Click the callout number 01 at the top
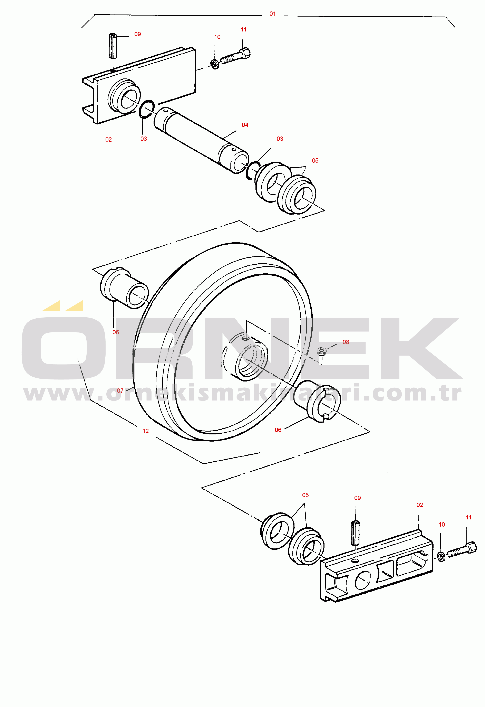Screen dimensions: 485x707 click(272, 14)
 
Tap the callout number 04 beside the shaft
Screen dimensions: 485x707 click(245, 125)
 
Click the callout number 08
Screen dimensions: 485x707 click(346, 342)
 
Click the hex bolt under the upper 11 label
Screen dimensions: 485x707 click(235, 56)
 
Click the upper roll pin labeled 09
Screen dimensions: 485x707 click(113, 46)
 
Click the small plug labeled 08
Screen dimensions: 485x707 click(321, 351)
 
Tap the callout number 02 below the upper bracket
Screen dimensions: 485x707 click(109, 139)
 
